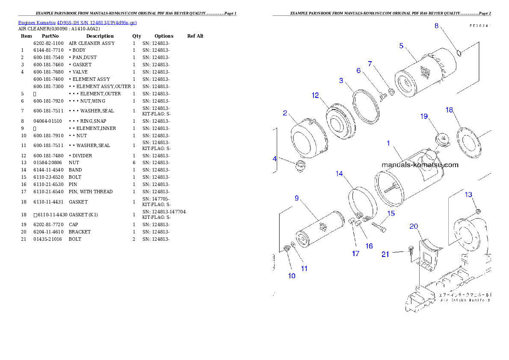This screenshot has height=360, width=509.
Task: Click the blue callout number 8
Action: point(436,26)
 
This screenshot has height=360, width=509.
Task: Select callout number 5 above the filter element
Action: point(401,46)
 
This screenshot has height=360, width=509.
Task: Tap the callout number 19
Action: point(424,116)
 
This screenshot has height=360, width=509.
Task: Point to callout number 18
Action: point(449,110)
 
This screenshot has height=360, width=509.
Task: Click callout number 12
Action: point(315,95)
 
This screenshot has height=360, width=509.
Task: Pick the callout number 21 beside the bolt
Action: point(385,254)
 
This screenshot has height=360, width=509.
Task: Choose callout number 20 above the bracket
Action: point(414,226)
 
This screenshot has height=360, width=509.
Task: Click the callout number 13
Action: point(468,195)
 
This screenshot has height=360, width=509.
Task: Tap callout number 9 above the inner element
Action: point(296,198)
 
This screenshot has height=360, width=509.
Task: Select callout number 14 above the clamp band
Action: point(339,174)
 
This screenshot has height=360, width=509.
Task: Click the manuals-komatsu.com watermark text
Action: point(420,165)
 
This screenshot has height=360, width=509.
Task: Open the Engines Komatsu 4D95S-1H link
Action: point(77,22)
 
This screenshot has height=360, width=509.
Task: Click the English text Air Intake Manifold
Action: point(465,301)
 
